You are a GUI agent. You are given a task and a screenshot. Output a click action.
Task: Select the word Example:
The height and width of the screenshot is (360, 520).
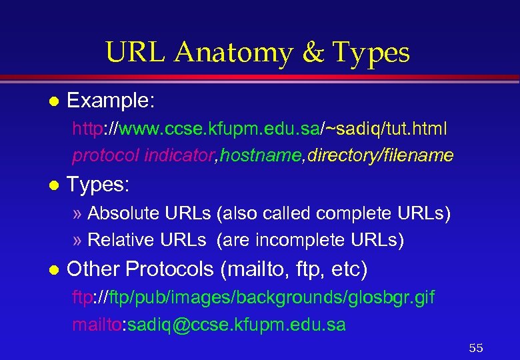click(111, 101)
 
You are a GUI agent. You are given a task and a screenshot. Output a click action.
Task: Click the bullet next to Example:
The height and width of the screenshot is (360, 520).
click(54, 102)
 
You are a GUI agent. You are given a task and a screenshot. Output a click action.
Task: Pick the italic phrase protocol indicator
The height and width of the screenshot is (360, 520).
click(143, 155)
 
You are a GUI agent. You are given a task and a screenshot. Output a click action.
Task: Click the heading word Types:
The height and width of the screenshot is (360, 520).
click(98, 185)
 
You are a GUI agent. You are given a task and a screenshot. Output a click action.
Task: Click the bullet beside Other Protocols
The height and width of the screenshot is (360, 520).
click(54, 270)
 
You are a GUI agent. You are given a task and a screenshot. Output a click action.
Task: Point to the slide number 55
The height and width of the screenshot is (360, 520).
click(476, 348)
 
